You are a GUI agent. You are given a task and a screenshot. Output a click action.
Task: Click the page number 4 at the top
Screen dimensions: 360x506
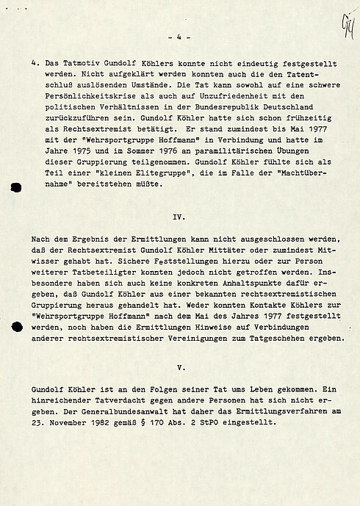point(179,36)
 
